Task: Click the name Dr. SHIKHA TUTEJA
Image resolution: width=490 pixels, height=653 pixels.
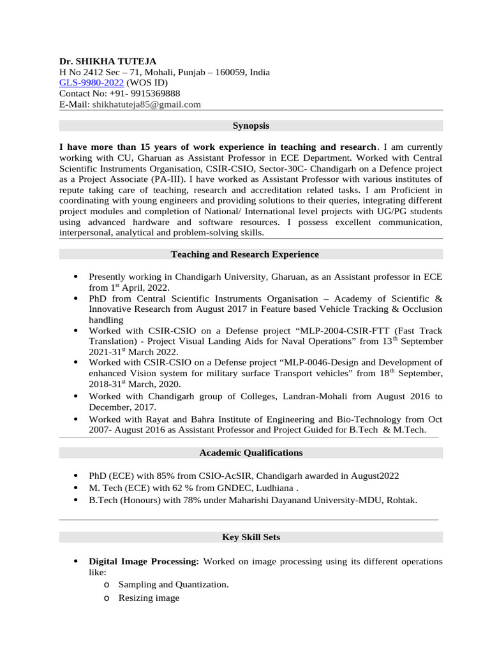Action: click(x=108, y=61)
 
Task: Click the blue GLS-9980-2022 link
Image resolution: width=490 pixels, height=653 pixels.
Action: click(x=92, y=83)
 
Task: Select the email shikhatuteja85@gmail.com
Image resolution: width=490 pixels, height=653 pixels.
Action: click(x=146, y=105)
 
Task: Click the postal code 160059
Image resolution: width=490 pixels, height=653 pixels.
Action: click(x=229, y=72)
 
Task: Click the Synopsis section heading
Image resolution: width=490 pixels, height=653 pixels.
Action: click(x=251, y=126)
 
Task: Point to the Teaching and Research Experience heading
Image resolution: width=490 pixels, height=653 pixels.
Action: click(x=245, y=254)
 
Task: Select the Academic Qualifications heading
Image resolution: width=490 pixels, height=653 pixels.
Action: click(x=251, y=453)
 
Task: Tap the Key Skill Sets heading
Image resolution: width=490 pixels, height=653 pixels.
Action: click(x=251, y=538)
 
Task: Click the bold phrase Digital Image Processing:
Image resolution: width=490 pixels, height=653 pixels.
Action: click(x=144, y=562)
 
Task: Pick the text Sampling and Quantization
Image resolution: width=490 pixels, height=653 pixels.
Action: click(x=174, y=584)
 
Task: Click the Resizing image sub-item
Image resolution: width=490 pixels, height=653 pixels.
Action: click(x=149, y=598)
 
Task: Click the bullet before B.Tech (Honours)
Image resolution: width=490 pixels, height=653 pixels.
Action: click(x=76, y=501)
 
